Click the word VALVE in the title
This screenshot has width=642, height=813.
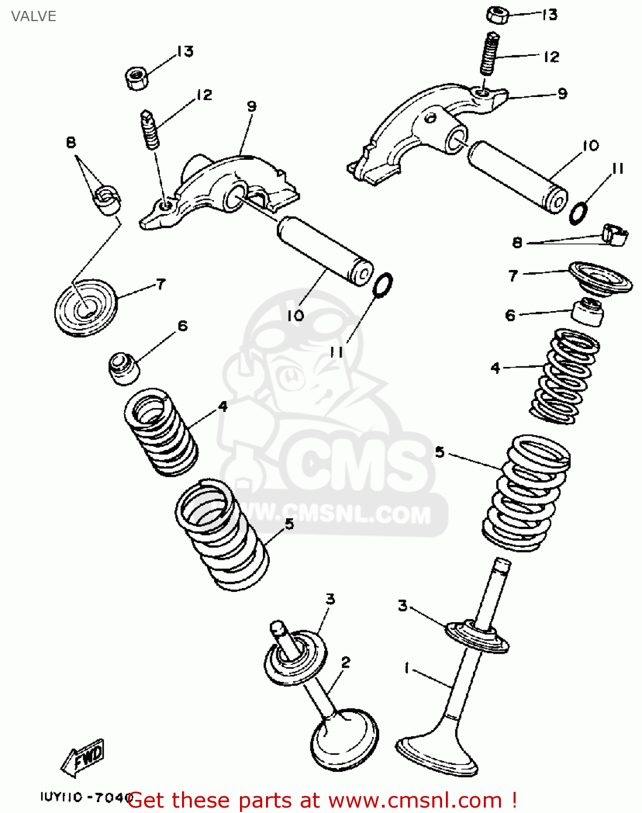pos(34,16)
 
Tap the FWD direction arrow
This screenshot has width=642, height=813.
pos(83,757)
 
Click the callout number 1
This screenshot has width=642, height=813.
pos(407,668)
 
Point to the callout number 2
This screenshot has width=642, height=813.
pos(346,662)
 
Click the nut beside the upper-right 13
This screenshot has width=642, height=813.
pos(497,15)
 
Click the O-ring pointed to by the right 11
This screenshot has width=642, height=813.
pos(578,213)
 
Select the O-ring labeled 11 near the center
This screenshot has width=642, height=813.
pos(383,285)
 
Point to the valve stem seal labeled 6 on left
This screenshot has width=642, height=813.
pos(124,369)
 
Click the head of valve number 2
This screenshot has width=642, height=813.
pos(345,740)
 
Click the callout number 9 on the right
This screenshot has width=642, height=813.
pos(562,94)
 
